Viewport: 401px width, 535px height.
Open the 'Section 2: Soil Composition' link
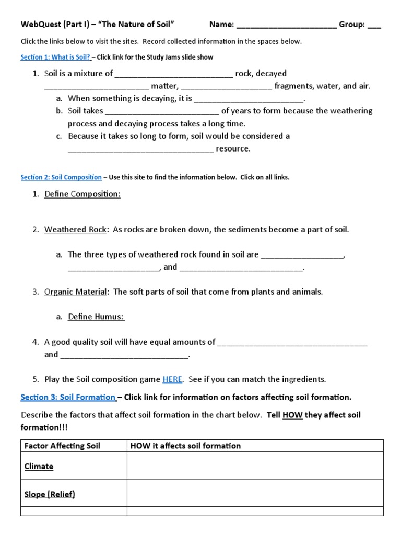(61, 177)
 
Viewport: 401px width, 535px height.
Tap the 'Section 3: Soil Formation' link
(68, 397)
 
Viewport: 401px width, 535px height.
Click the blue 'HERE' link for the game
(172, 379)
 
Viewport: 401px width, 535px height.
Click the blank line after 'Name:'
(286, 25)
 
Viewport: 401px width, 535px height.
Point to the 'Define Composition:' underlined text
(82, 194)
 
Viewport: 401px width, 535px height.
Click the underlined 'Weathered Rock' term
(75, 230)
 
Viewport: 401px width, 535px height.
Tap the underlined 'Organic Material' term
(76, 292)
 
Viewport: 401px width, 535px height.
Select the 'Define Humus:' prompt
(96, 317)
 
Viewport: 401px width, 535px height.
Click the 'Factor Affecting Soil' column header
(62, 446)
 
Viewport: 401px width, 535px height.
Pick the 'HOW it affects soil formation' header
(185, 446)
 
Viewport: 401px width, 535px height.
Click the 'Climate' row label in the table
(39, 466)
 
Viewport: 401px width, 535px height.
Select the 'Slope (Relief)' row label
(50, 494)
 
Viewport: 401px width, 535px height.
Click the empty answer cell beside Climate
(255, 466)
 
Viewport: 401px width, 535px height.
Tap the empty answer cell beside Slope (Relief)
(255, 494)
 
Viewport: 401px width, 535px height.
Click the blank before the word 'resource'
(140, 149)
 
